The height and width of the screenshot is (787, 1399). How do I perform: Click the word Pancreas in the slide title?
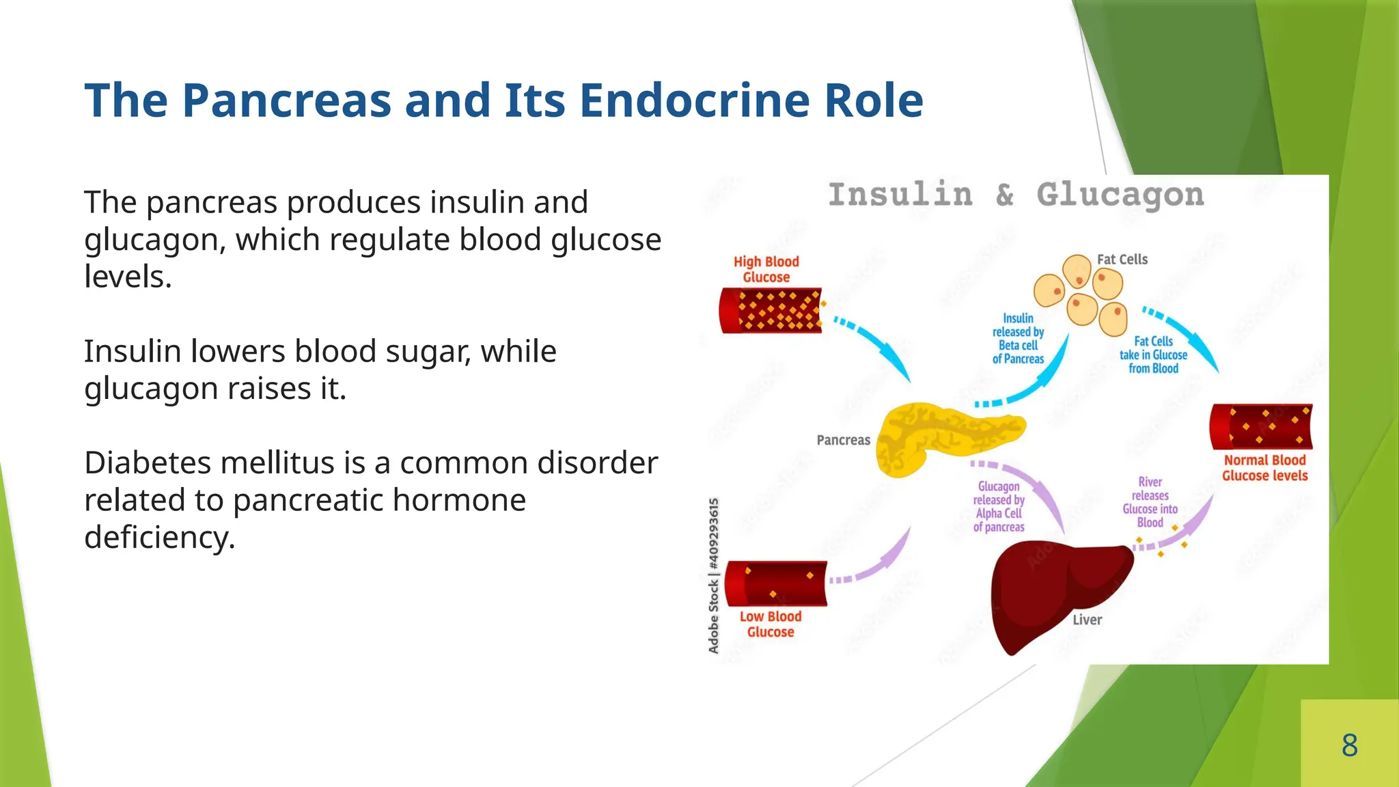coord(287,100)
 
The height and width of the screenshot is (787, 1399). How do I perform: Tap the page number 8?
coord(1349,745)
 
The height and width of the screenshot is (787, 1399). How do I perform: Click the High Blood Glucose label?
coord(766,269)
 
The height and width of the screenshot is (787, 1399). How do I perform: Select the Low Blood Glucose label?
coord(770,624)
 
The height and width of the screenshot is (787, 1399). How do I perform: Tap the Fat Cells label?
coord(1122,260)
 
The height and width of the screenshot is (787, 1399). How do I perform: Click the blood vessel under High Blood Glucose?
coord(771,311)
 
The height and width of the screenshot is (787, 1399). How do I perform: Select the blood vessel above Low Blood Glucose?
coord(775,583)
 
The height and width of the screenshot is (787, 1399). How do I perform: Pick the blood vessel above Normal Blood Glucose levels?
coord(1260,426)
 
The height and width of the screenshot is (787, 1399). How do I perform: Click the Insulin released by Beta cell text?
coord(1018,339)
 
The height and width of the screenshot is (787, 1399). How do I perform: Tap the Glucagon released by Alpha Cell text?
coord(999,506)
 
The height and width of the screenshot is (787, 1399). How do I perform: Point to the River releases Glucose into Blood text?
coord(1150,502)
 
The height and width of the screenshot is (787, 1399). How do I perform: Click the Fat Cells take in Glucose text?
coord(1153,355)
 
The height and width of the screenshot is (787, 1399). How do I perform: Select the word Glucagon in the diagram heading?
coord(1120,195)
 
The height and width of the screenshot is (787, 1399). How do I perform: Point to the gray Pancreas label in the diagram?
coord(843,440)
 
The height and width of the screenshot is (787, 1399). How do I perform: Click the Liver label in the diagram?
coord(1087,620)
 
